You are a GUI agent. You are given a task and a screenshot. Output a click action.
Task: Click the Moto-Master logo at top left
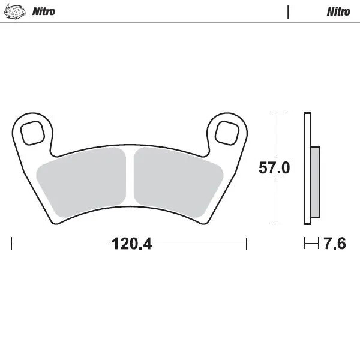[19, 11]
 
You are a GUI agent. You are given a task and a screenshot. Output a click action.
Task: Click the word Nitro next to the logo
[44, 11]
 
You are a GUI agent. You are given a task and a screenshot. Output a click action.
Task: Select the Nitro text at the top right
[338, 11]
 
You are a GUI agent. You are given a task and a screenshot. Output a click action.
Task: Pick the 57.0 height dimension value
[275, 168]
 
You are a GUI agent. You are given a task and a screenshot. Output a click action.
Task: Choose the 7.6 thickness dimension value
[335, 244]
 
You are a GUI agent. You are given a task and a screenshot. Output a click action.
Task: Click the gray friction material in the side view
[315, 183]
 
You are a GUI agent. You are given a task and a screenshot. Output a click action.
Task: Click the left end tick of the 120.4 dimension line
[13, 244]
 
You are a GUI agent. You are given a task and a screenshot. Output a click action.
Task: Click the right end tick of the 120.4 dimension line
[246, 244]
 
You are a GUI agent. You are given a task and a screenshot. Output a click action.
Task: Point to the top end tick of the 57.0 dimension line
[276, 112]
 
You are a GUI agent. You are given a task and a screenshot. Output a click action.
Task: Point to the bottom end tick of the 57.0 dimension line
[276, 224]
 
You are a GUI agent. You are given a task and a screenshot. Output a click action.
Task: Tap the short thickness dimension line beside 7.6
[310, 244]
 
